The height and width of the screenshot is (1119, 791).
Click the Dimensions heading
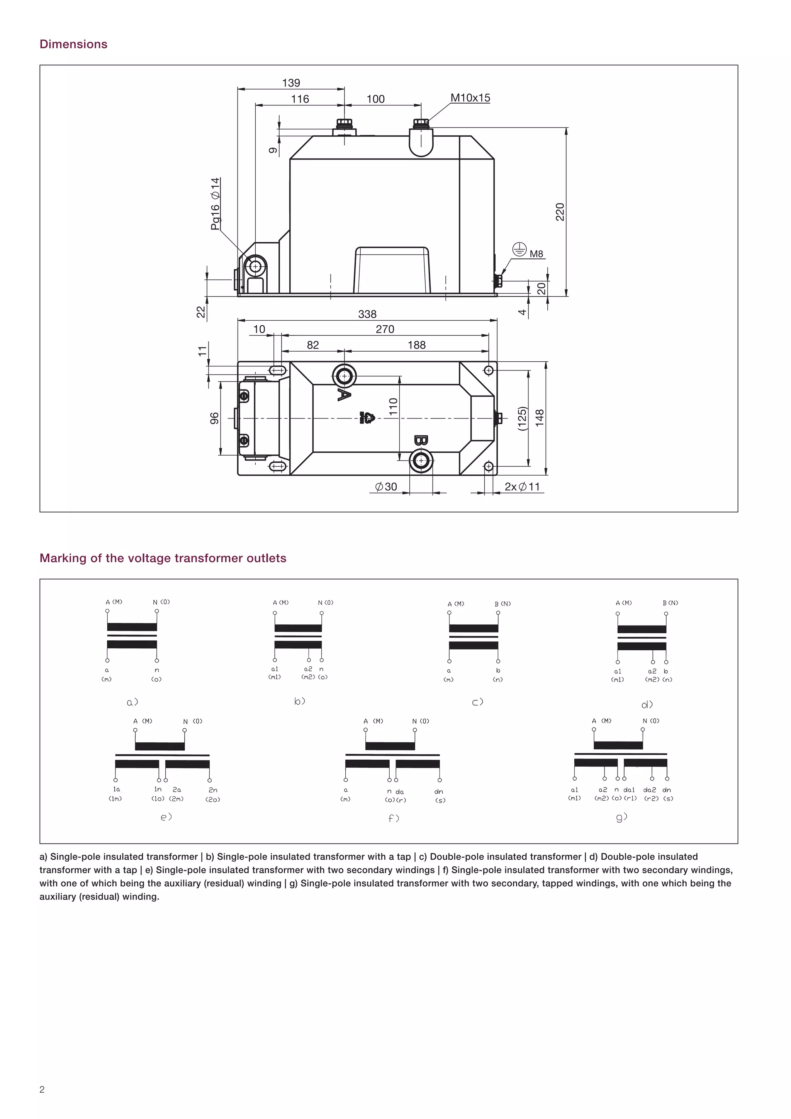click(73, 44)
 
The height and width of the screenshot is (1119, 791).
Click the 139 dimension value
click(291, 83)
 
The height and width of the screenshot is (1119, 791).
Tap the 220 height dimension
click(560, 212)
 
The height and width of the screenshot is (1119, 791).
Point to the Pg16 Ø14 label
click(215, 204)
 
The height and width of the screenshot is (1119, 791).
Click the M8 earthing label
click(536, 254)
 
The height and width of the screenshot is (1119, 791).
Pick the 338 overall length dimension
click(367, 314)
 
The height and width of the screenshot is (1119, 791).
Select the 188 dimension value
click(416, 345)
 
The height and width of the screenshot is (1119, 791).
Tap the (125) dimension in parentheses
click(522, 418)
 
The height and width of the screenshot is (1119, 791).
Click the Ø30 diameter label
click(386, 486)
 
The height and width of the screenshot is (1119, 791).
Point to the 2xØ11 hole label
click(522, 486)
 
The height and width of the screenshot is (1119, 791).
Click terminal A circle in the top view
click(345, 376)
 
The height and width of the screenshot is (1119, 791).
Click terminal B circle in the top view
click(421, 461)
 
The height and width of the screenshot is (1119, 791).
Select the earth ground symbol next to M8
click(520, 250)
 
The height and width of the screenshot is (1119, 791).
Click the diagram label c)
click(478, 702)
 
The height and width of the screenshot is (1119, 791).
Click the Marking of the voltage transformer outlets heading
click(163, 558)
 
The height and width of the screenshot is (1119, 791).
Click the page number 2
click(42, 1089)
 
